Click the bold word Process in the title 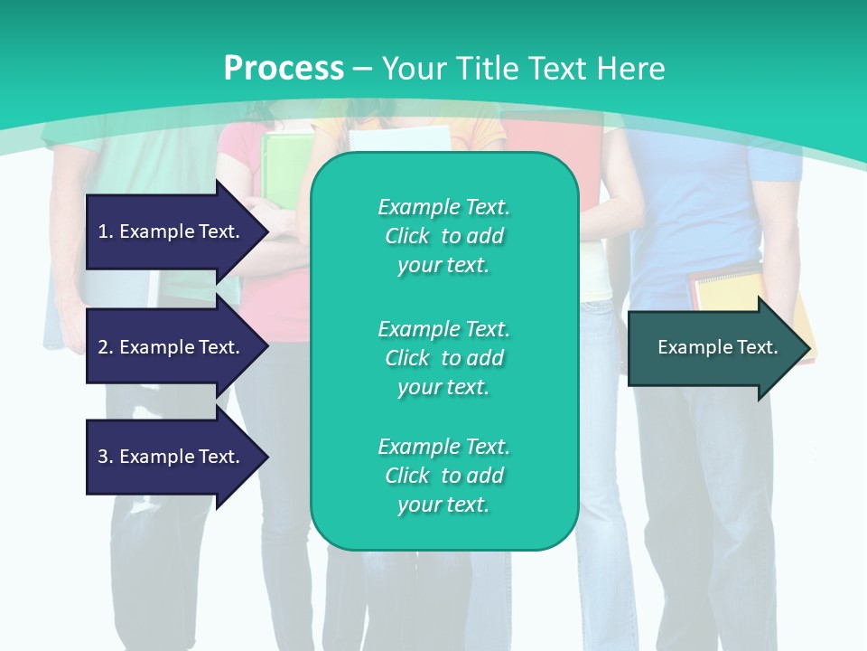284,69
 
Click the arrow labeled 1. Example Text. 172,231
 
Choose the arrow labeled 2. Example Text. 172,347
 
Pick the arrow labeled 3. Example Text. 172,457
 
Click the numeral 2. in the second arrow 105,347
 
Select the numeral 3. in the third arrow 105,457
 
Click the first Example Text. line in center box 443,207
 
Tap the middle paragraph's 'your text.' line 443,387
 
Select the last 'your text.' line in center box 443,505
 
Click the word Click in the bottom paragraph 406,476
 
